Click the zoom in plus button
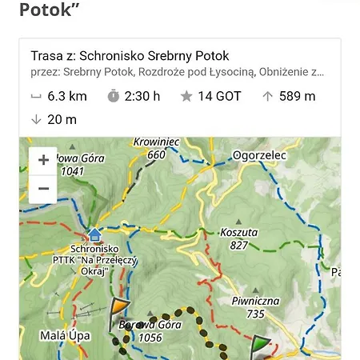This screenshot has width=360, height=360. pos(43,160)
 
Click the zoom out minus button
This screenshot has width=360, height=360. pos(43,189)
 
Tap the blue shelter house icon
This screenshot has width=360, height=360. pos(94,234)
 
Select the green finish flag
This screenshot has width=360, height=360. pos(260,346)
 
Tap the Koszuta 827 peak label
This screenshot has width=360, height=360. pos(238,238)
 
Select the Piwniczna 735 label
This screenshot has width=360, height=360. pos(254,307)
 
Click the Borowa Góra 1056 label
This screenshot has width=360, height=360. pos(150,331)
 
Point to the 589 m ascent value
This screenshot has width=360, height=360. pos(297,96)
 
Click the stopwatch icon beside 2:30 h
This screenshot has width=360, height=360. pos(114,96)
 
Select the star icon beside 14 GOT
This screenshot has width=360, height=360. pos(186,96)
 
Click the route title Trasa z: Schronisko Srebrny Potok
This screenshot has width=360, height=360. pos(130,56)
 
